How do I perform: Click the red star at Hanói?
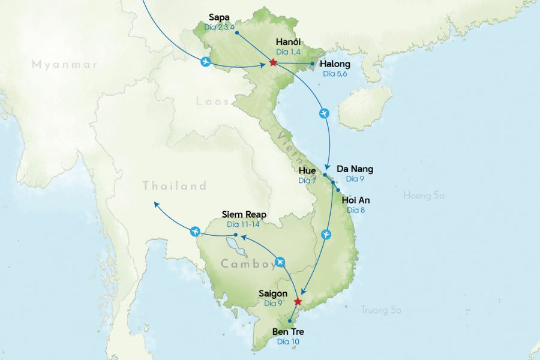tap(273, 62)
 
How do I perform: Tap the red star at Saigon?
tap(298, 301)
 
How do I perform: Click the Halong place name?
tap(335, 64)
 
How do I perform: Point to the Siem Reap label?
tap(244, 214)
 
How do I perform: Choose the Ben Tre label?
tap(289, 332)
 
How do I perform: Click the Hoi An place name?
tap(355, 200)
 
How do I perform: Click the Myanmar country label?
tap(64, 64)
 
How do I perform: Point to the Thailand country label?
tap(175, 186)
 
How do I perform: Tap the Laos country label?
tap(212, 101)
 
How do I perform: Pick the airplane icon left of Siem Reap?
tap(194, 231)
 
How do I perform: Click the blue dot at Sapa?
tap(237, 32)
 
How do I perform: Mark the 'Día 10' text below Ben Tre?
tap(288, 342)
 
